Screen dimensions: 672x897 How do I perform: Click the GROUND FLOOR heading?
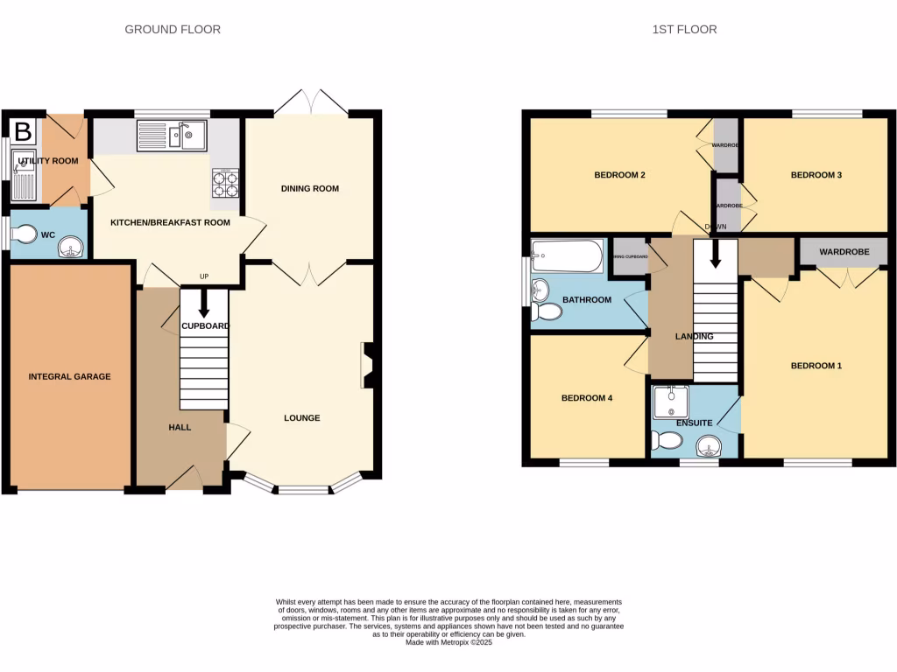coord(173,30)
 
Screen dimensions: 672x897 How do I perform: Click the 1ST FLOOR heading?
coord(684,30)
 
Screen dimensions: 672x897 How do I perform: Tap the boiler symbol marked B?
coord(24,132)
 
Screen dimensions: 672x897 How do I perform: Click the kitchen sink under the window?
coord(172,136)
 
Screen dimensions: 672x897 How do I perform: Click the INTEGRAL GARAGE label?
coord(70,376)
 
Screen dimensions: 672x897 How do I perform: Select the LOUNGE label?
coord(301,417)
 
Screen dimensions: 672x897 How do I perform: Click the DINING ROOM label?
coord(309,188)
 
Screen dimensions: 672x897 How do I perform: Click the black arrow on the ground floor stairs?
coord(203,306)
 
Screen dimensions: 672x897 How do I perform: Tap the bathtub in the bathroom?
coord(569,256)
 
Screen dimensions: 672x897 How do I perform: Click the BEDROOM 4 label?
coord(586,398)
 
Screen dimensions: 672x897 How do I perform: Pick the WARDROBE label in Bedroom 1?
coord(844,252)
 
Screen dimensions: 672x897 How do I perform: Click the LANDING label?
coord(694,336)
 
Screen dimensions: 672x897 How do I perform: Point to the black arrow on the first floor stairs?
coord(716,255)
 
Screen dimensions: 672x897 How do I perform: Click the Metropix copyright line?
coord(448,642)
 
